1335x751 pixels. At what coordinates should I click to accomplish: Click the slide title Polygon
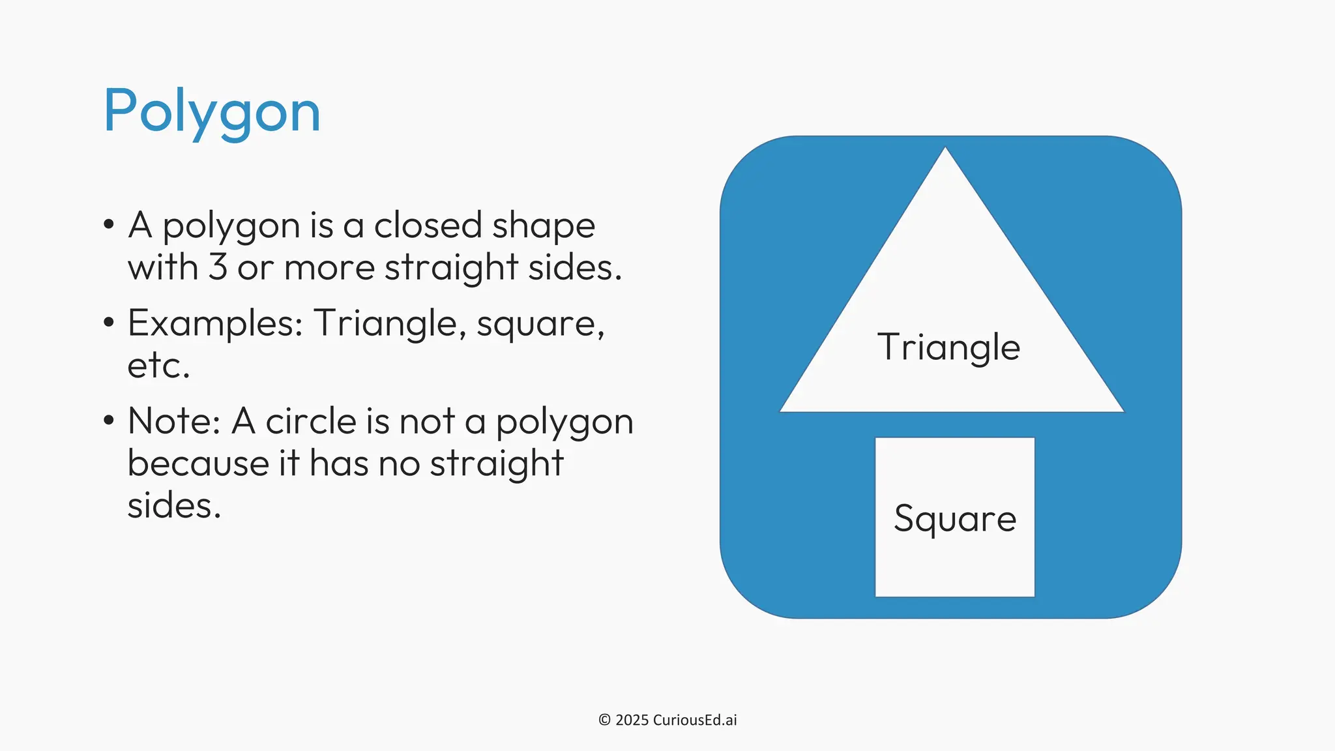(x=212, y=111)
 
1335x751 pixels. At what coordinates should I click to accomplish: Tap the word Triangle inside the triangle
(x=948, y=347)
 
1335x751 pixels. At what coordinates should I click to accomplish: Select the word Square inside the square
(x=955, y=519)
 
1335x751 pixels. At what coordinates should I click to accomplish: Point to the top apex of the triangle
(x=945, y=149)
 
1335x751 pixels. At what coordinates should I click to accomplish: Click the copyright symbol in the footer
(x=604, y=720)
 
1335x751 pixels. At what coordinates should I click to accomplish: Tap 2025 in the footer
(x=632, y=720)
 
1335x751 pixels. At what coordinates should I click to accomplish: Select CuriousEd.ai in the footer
(x=695, y=720)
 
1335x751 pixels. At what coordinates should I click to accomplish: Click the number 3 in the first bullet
(x=218, y=267)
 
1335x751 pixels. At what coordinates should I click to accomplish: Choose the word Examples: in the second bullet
(x=215, y=323)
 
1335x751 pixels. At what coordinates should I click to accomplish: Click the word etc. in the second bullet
(x=158, y=365)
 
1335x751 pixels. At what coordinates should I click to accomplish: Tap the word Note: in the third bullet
(x=174, y=421)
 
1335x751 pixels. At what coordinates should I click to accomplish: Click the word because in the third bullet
(x=198, y=464)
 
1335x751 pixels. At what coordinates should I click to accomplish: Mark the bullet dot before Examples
(x=109, y=322)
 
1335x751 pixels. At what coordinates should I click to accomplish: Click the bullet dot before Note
(x=109, y=420)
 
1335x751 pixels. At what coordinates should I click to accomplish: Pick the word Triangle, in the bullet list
(x=390, y=323)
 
